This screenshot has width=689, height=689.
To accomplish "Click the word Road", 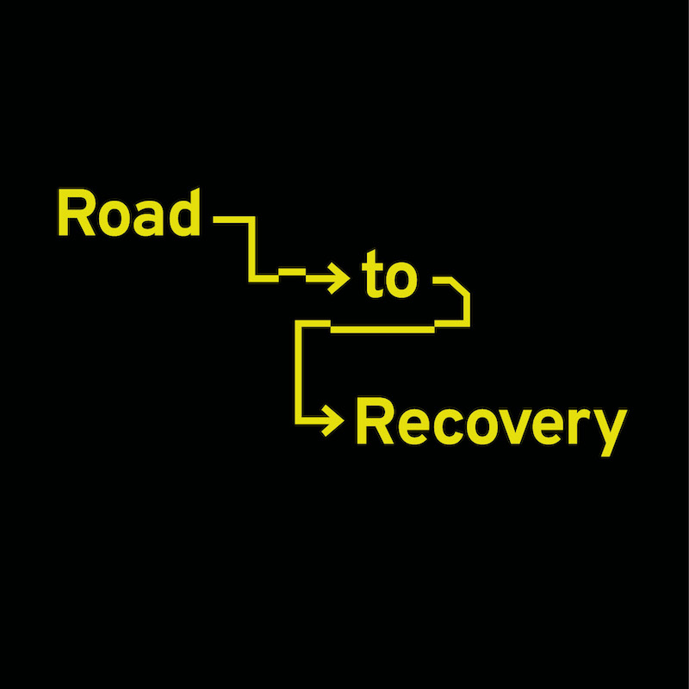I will click(x=127, y=213).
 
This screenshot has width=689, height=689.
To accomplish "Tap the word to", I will click(x=388, y=277).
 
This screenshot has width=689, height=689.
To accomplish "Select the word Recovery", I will click(x=489, y=424).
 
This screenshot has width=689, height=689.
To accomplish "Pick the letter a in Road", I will click(x=147, y=218).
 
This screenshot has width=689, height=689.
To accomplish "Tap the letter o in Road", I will click(x=112, y=218).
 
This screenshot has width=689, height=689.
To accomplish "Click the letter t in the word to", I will click(x=371, y=277).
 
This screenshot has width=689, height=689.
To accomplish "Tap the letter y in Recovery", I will click(x=607, y=431).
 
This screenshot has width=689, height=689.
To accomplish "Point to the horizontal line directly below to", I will click(x=382, y=327).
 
